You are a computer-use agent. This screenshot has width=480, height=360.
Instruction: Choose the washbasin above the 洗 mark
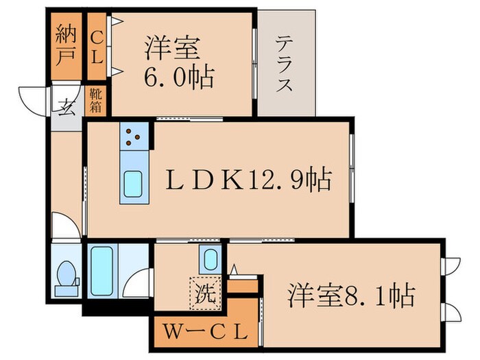(x=210, y=260)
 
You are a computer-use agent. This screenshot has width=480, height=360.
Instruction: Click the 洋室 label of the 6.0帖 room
(x=171, y=49)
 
